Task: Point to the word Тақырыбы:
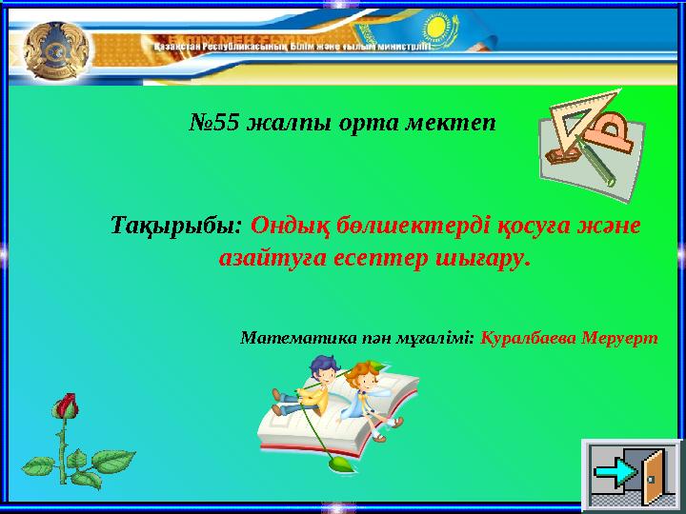coord(177,227)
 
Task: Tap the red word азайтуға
coord(263,258)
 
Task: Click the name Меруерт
coord(622,338)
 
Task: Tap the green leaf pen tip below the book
coord(337,464)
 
